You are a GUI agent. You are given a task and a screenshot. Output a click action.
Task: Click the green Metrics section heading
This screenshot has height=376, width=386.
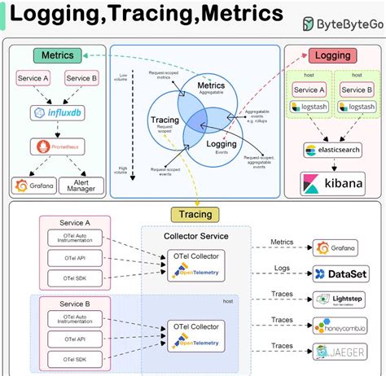click(54, 56)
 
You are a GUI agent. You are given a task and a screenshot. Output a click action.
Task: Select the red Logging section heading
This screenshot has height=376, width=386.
click(333, 56)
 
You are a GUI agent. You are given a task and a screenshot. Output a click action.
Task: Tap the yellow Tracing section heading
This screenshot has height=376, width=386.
click(192, 215)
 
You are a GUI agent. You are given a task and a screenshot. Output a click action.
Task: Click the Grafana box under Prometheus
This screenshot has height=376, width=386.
click(31, 186)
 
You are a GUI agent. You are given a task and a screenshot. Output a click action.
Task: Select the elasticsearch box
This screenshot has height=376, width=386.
click(333, 151)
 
